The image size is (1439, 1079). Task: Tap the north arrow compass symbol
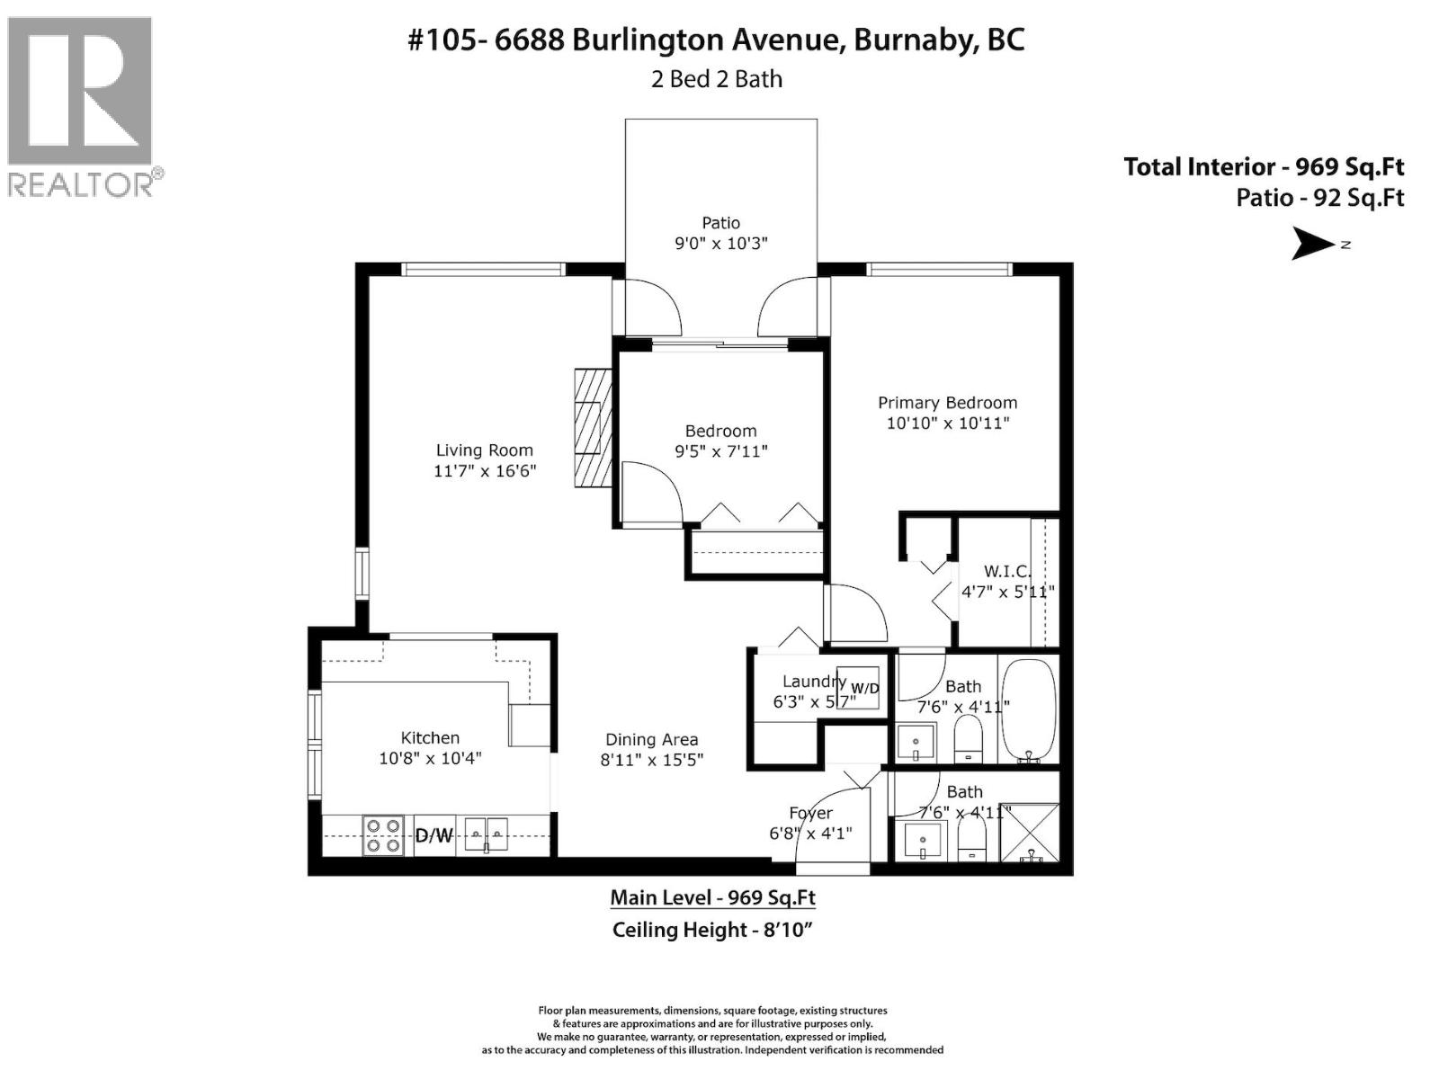(x=1315, y=244)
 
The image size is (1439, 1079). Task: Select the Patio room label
(x=720, y=223)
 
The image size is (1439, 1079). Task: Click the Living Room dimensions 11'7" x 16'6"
(x=485, y=470)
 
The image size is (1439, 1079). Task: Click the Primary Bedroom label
(x=947, y=403)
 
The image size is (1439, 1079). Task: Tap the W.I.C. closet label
(x=1006, y=572)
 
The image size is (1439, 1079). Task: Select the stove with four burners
(x=382, y=834)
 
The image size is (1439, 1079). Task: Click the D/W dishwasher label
(x=433, y=836)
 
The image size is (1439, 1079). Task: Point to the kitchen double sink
(x=486, y=834)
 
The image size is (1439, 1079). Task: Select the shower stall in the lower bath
(x=1031, y=832)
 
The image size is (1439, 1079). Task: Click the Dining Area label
(x=651, y=739)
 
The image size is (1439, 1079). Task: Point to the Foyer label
(x=810, y=813)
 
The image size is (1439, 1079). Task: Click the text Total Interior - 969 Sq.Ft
(x=1264, y=166)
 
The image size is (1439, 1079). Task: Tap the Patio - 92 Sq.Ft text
(x=1319, y=198)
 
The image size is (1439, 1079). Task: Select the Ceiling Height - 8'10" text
(x=712, y=930)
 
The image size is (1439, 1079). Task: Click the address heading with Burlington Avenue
(x=716, y=40)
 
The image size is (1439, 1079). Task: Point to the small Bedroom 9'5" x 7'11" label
(x=720, y=441)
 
